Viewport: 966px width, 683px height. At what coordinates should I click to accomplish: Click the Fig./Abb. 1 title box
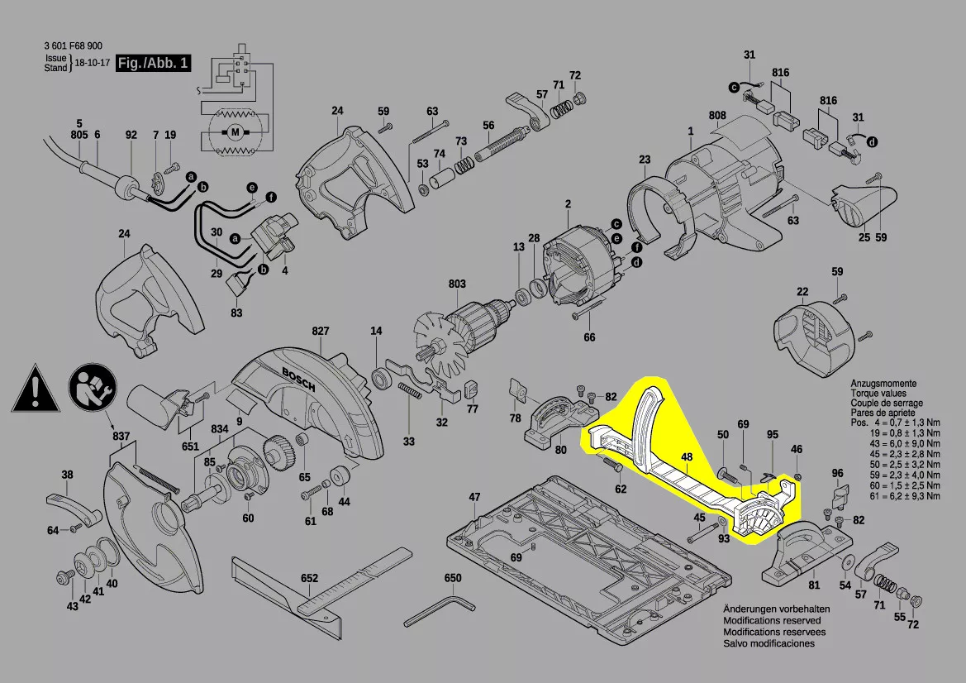coord(154,63)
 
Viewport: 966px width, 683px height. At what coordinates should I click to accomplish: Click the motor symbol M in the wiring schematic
coord(234,131)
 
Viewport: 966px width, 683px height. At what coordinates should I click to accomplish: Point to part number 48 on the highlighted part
coord(687,457)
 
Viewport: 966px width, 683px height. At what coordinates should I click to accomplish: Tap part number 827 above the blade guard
coord(321,331)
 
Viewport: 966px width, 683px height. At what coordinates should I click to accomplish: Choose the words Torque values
coord(878,394)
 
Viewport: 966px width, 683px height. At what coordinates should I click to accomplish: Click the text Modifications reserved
coord(772,620)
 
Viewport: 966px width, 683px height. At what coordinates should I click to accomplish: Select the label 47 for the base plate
coord(474,497)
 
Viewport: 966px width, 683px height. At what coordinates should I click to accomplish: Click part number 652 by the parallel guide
coord(309,578)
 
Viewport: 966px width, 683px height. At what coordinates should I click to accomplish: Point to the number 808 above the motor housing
coord(716,114)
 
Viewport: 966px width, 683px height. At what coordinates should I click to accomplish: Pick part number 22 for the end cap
coord(802,291)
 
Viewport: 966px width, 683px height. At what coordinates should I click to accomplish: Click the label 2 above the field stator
coord(568,203)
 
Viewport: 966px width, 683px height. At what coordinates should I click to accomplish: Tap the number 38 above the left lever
coord(67,475)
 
